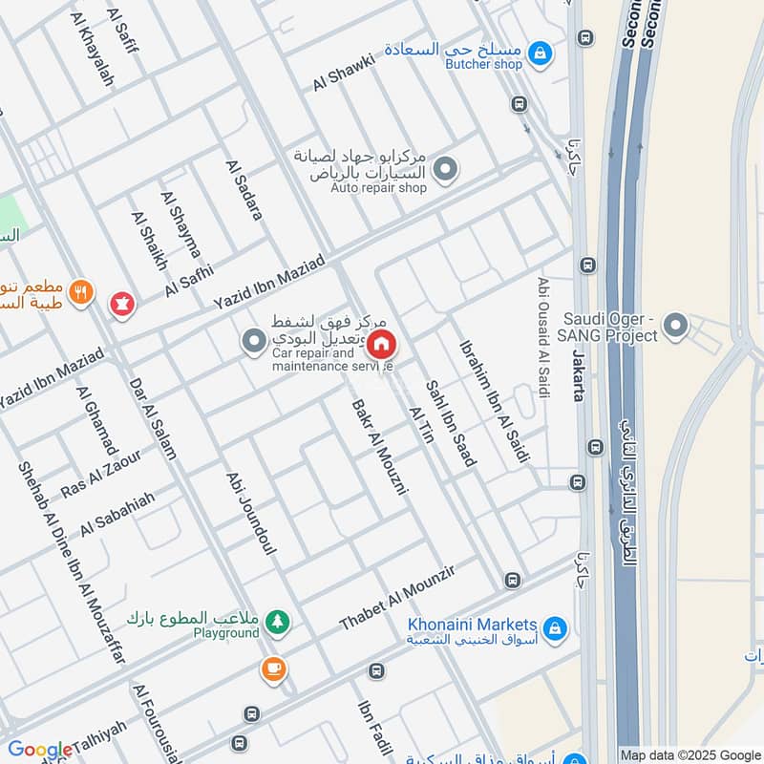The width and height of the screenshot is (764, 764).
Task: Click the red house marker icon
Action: pyautogui.click(x=381, y=344)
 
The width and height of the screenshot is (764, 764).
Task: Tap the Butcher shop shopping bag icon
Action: pyautogui.click(x=541, y=53)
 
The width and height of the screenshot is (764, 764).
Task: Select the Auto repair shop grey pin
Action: pyautogui.click(x=444, y=171)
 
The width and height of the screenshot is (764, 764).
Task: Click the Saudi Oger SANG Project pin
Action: pyautogui.click(x=675, y=327)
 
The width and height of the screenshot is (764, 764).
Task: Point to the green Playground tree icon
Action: pyautogui.click(x=278, y=622)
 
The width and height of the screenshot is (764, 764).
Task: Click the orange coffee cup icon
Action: pyautogui.click(x=274, y=669)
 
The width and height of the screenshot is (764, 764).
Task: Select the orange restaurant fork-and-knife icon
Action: pyautogui.click(x=82, y=293)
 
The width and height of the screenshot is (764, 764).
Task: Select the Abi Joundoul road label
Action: pyautogui.click(x=251, y=513)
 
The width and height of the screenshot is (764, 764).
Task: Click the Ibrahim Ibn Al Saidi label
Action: pyautogui.click(x=494, y=402)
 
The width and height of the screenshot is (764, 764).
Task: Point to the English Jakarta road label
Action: pyautogui.click(x=578, y=375)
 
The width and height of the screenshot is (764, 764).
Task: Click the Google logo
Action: pyautogui.click(x=39, y=750)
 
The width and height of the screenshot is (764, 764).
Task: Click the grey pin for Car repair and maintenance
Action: pyautogui.click(x=253, y=341)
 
